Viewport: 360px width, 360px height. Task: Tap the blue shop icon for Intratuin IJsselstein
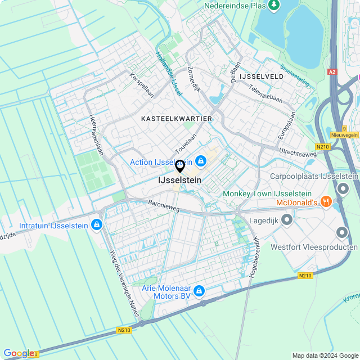[97, 225]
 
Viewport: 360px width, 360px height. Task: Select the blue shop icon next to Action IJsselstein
[201, 161]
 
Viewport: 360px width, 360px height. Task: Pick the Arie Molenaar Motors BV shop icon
[199, 291]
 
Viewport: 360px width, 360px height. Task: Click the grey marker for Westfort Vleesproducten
[342, 232]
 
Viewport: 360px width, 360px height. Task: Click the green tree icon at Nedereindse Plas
[274, 6]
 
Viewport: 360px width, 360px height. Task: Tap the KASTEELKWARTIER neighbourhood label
[177, 119]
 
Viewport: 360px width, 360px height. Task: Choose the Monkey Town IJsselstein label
[267, 193]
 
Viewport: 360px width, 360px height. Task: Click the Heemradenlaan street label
[97, 136]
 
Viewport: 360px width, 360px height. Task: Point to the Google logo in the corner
[18, 353]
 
